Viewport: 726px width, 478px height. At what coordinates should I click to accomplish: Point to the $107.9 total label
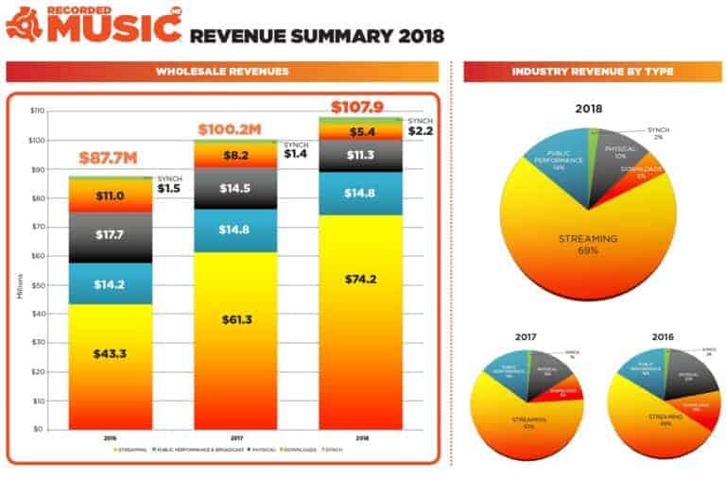[357, 104]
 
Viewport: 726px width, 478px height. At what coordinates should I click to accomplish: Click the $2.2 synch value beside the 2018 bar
[420, 132]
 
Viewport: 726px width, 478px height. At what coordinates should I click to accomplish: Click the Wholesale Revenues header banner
[222, 72]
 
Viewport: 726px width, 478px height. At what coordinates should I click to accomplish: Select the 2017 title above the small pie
[527, 335]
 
